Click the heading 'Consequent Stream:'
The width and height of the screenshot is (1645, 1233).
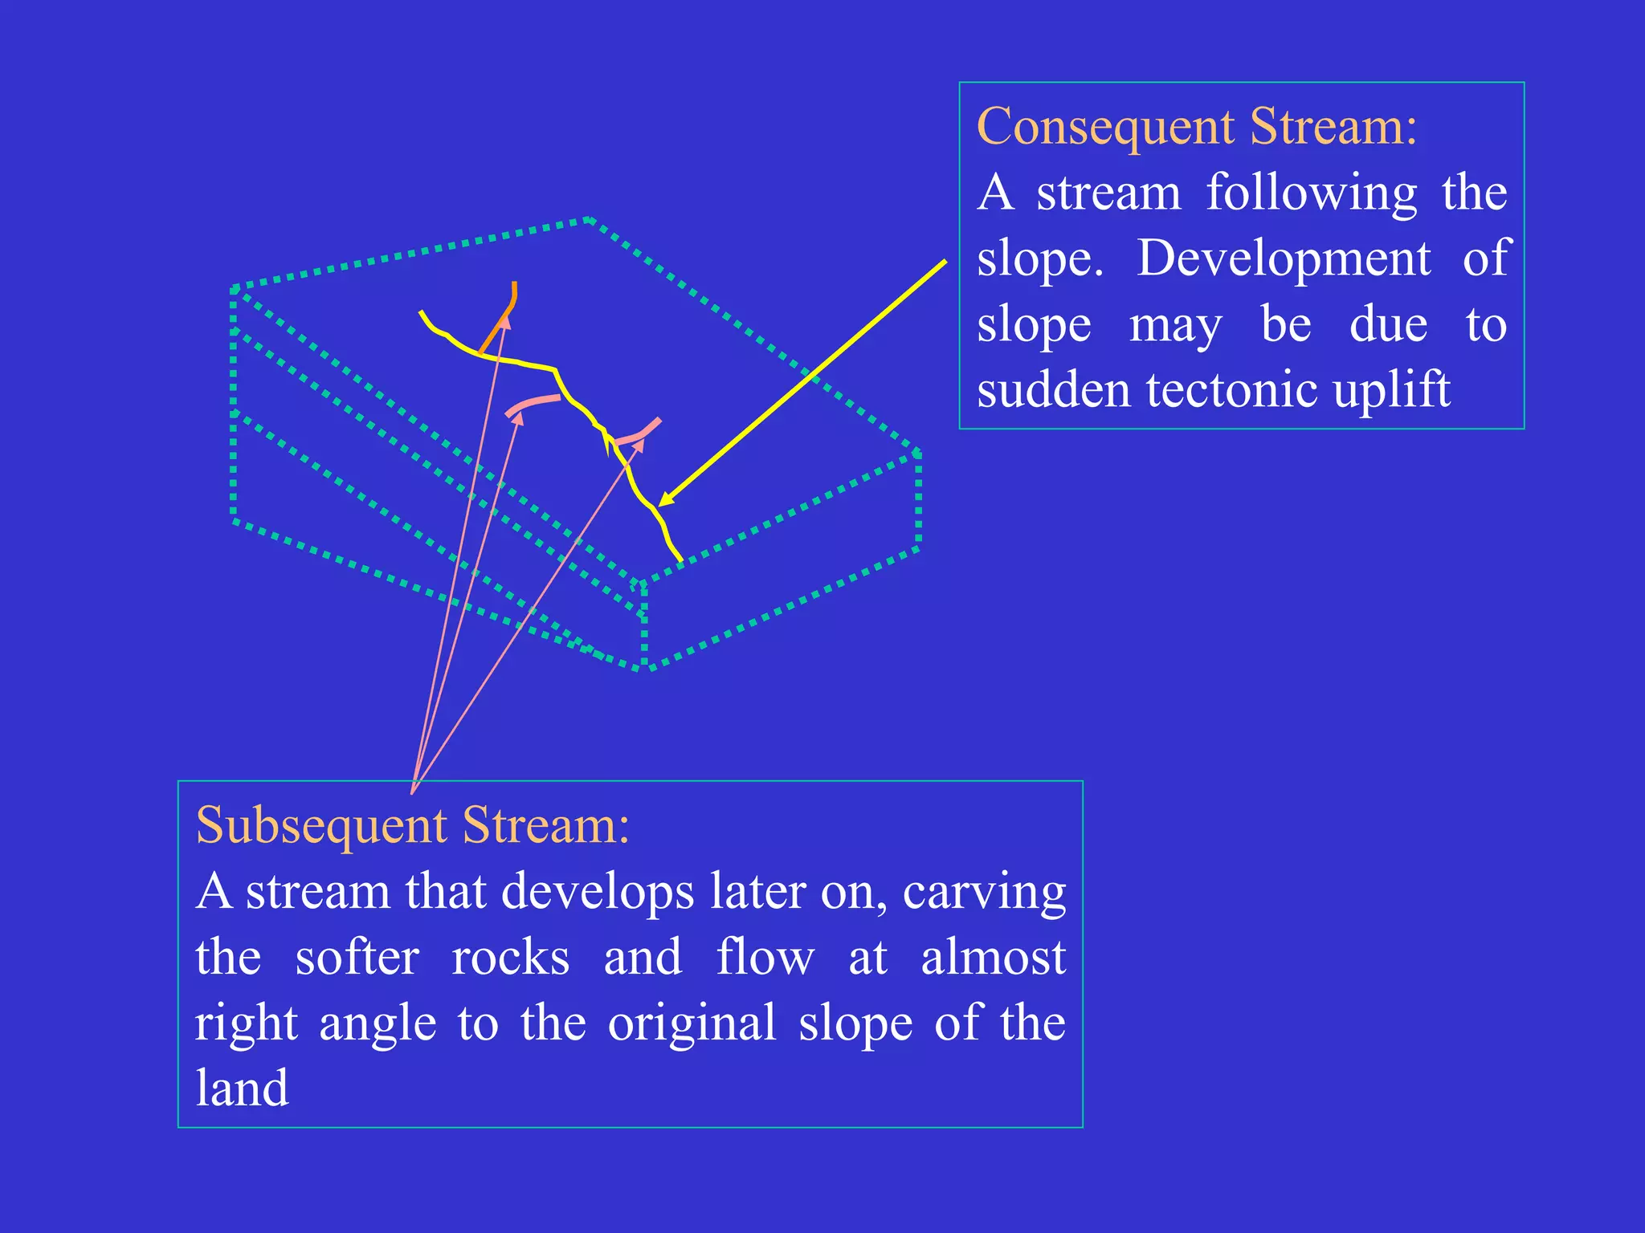1197,127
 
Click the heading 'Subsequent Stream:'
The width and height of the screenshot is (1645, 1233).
412,825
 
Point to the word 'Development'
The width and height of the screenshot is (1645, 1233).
1284,258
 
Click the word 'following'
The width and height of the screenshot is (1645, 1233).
1312,194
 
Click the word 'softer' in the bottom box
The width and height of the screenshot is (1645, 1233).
357,958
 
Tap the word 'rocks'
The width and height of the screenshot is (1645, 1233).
510,958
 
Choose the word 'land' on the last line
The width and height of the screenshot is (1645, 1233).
242,1089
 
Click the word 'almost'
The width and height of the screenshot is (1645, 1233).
993,958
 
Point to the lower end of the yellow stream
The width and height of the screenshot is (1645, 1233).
680,559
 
